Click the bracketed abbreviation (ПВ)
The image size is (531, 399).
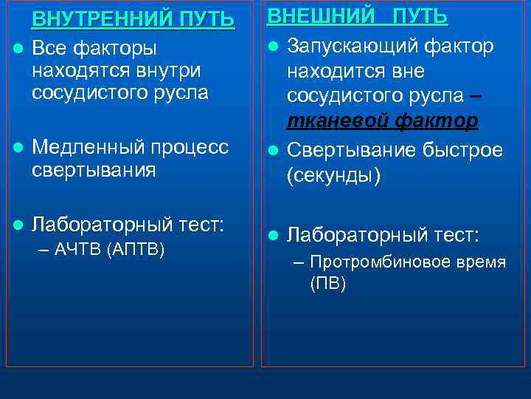[328, 284]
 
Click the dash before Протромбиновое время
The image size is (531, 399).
[299, 262]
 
